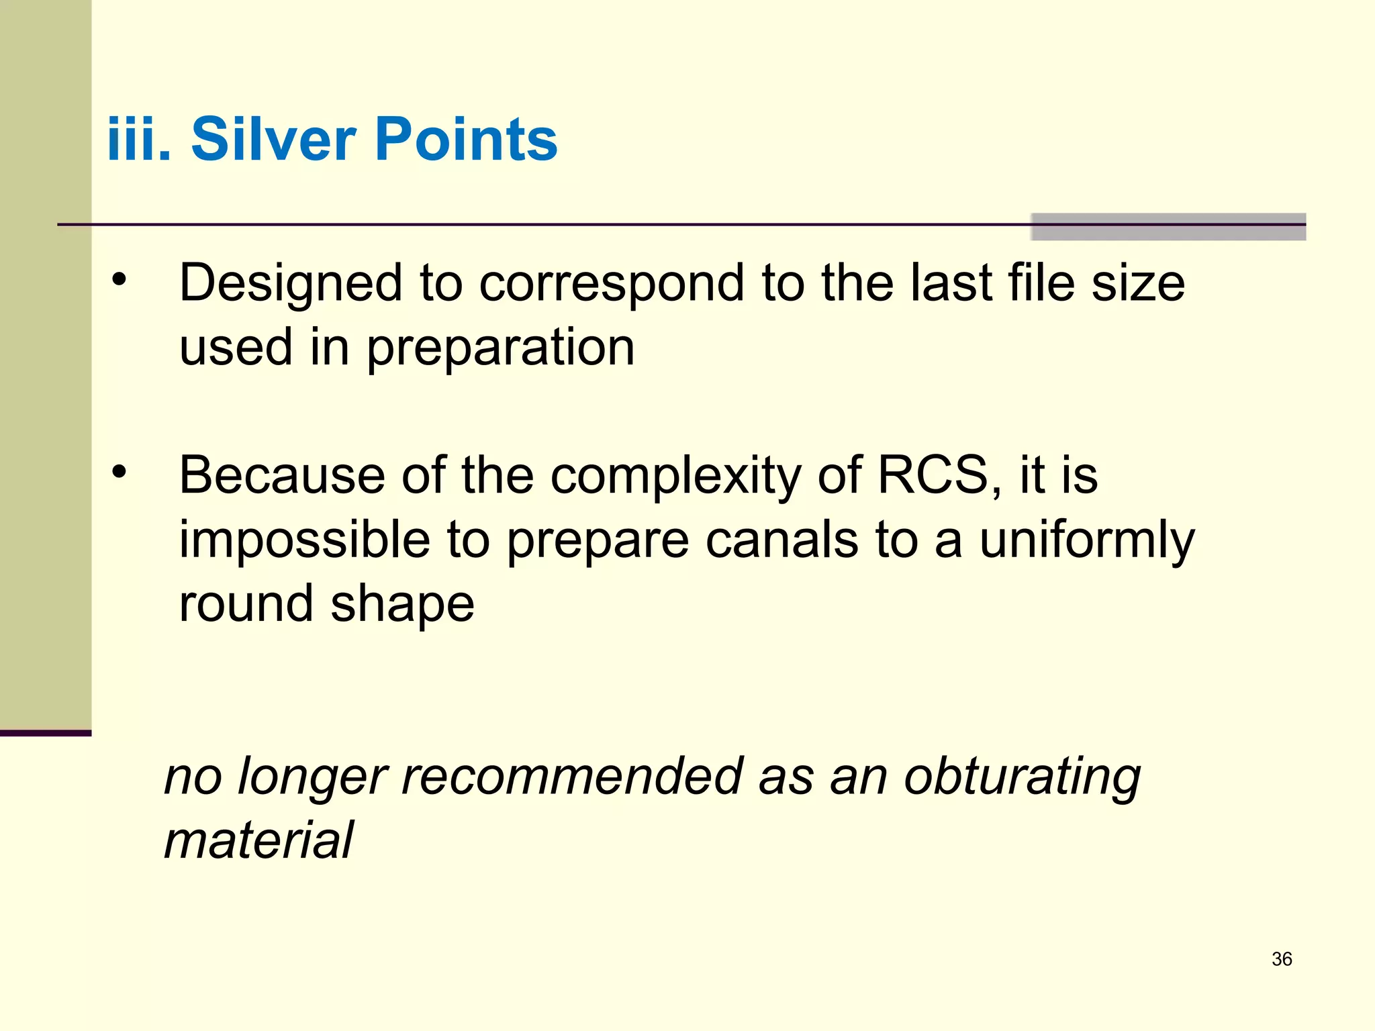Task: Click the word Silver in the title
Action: tap(274, 139)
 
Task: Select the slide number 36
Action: tap(1282, 959)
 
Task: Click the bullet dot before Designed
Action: tap(120, 281)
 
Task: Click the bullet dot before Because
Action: tap(120, 473)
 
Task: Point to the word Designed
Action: tap(291, 283)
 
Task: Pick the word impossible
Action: tap(304, 540)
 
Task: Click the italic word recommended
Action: tap(573, 776)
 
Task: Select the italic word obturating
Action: tap(1022, 777)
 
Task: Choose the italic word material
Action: tap(258, 840)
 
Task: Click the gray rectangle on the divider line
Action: tap(1168, 227)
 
